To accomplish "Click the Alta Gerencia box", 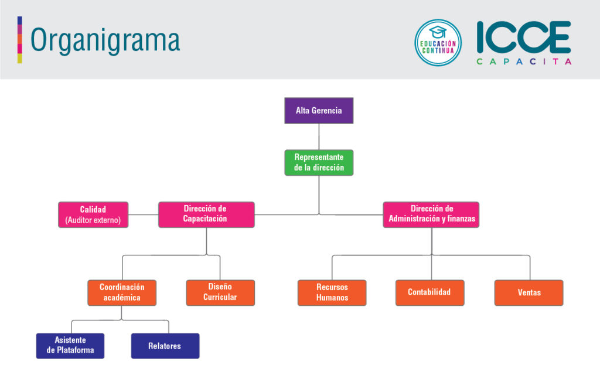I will click(319, 111).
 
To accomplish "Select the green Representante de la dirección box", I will click(319, 163).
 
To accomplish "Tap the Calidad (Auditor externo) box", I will click(93, 215).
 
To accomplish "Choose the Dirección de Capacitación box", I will click(206, 215).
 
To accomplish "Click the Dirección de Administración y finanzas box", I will click(431, 215).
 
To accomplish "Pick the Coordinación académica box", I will click(122, 293).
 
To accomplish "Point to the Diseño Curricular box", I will click(220, 293).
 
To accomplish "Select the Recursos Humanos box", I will click(332, 293).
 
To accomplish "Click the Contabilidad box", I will click(430, 293).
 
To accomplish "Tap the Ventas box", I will click(529, 293).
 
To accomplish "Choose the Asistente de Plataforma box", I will click(70, 346).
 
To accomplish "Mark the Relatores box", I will click(165, 346).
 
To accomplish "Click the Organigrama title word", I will click(105, 40).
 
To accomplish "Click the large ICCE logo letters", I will click(523, 37).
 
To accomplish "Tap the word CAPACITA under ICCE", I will click(523, 61).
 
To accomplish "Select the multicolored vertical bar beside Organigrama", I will click(20, 40).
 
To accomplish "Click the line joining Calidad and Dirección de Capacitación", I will click(144, 215).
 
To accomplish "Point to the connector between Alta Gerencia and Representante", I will click(319, 137).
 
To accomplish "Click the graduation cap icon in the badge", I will click(438, 31).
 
